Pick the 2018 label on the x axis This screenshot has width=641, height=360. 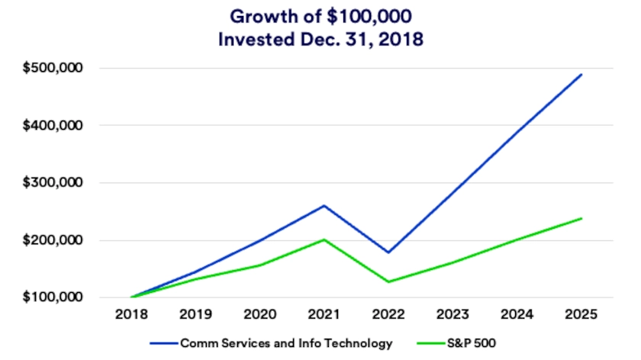pyautogui.click(x=131, y=314)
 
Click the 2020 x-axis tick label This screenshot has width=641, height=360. pyautogui.click(x=260, y=314)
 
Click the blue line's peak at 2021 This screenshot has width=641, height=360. pyautogui.click(x=325, y=205)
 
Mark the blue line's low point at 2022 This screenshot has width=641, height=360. pyautogui.click(x=389, y=252)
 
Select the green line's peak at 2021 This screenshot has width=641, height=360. pyautogui.click(x=325, y=239)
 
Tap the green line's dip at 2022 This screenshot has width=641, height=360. pyautogui.click(x=389, y=282)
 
